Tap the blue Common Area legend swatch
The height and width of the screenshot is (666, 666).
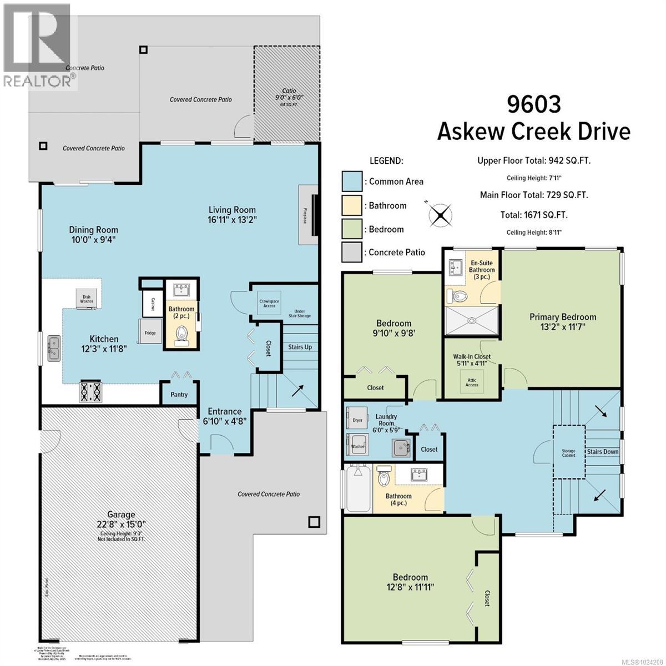pyautogui.click(x=351, y=181)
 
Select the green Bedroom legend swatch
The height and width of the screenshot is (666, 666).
pyautogui.click(x=351, y=229)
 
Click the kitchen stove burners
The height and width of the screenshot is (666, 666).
pyautogui.click(x=91, y=392)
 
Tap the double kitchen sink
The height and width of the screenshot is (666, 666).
pyautogui.click(x=54, y=347)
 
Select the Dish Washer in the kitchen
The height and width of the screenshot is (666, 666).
pyautogui.click(x=87, y=299)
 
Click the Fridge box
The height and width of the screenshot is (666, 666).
pyautogui.click(x=150, y=333)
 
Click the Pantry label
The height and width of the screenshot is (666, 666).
pyautogui.click(x=179, y=395)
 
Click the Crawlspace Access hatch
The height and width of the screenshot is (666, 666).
pyautogui.click(x=269, y=303)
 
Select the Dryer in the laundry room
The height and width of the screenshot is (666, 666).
pyautogui.click(x=357, y=420)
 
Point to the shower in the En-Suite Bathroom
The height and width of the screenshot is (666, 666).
pyautogui.click(x=472, y=320)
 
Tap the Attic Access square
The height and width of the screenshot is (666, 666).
pyautogui.click(x=471, y=382)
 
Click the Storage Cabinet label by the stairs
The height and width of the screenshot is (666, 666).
pyautogui.click(x=568, y=452)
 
